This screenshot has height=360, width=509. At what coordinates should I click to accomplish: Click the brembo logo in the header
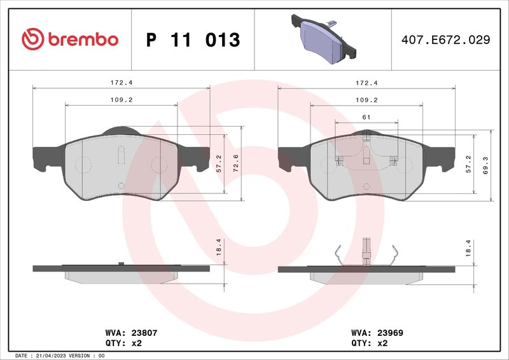click(x=70, y=39)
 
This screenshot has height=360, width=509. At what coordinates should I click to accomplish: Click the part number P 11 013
click(x=193, y=40)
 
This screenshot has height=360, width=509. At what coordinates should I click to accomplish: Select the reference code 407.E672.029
click(x=445, y=39)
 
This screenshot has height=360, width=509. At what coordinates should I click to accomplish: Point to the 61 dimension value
click(x=366, y=117)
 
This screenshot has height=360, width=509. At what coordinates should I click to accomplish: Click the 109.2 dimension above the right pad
click(x=366, y=100)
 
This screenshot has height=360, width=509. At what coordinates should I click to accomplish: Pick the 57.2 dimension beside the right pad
click(x=469, y=164)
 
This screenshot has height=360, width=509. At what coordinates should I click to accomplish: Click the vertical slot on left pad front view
click(x=121, y=156)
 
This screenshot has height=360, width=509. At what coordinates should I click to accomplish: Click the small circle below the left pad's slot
click(x=121, y=185)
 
